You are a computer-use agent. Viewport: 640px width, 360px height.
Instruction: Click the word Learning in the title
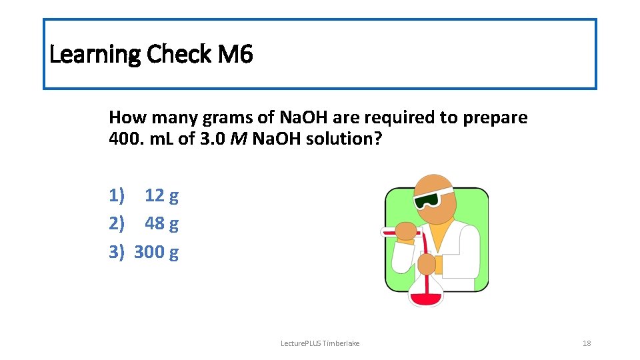point(94,54)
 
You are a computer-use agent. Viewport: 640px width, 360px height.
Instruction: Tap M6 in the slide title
point(235,54)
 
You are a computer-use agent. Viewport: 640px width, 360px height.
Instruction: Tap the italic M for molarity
point(239,141)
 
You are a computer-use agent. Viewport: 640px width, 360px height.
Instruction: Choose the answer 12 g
point(161,195)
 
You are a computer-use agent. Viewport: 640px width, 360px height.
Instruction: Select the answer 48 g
point(161,223)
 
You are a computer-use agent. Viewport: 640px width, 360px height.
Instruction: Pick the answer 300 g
point(156,252)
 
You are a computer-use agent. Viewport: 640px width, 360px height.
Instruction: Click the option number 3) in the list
point(117,252)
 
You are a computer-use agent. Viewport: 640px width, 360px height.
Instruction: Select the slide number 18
point(587,343)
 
